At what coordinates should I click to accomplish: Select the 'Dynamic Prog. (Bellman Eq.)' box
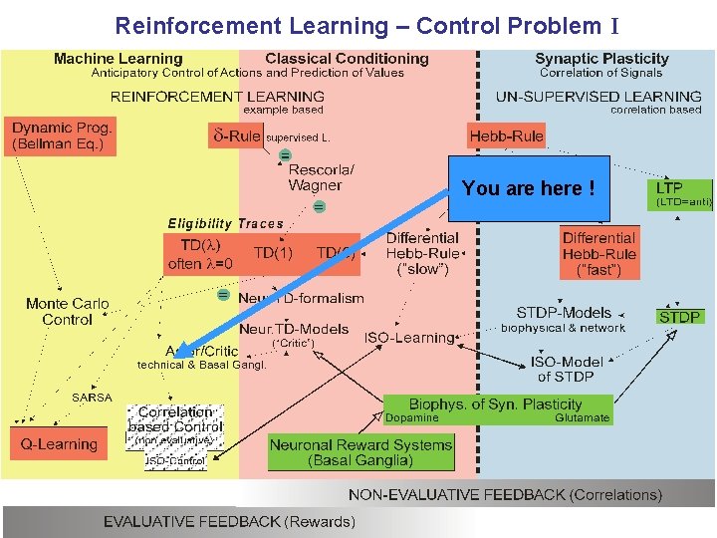click(x=62, y=136)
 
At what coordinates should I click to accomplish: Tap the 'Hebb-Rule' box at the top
click(x=507, y=135)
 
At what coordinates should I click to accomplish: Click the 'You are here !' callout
click(x=529, y=188)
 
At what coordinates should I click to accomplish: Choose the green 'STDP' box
click(x=680, y=317)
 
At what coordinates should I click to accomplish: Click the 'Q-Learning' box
click(x=60, y=444)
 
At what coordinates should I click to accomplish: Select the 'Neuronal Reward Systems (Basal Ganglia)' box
click(x=360, y=453)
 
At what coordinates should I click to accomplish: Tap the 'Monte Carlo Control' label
click(x=68, y=312)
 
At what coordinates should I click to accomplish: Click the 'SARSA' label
click(x=92, y=398)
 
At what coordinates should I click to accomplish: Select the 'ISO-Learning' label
click(x=408, y=338)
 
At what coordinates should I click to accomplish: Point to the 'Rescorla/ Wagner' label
click(x=315, y=177)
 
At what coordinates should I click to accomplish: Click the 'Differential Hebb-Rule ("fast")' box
click(x=598, y=253)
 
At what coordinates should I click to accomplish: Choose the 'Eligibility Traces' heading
click(x=225, y=224)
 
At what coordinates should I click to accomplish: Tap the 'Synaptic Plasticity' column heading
click(x=601, y=59)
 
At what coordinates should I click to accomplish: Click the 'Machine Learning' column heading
click(x=118, y=59)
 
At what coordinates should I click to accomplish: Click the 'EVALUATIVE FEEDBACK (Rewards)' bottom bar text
click(x=229, y=521)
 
